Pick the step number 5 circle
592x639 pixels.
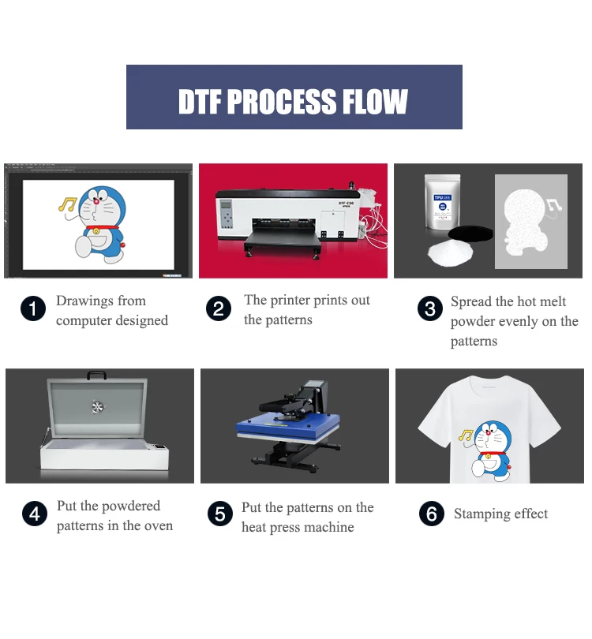pos(220,515)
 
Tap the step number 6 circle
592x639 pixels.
pos(431,514)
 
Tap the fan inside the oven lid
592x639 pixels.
pos(99,407)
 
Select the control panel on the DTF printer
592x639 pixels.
pos(227,212)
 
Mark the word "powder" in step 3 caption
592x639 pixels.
pos(471,322)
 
